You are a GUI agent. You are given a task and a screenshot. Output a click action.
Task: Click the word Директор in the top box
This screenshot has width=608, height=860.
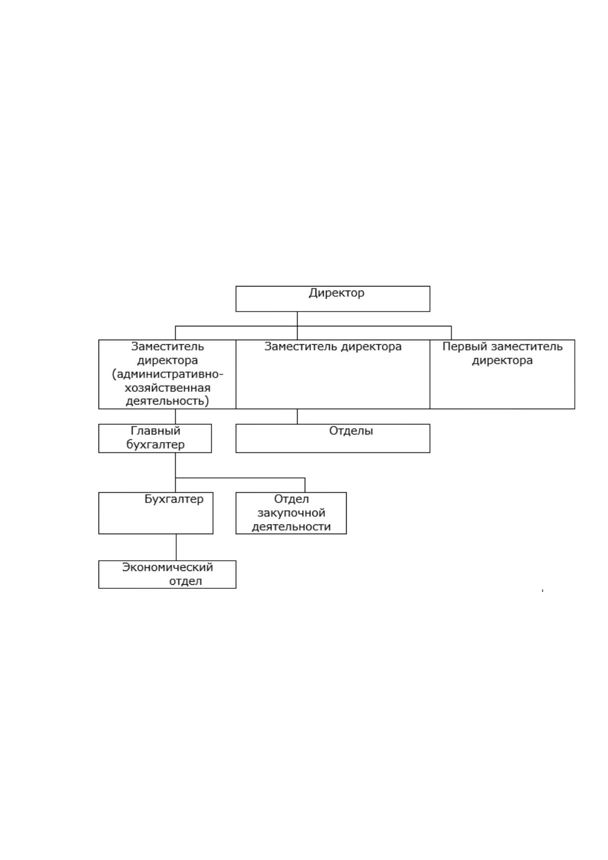336,293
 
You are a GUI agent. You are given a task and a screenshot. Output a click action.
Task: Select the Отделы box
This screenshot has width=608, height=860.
332,438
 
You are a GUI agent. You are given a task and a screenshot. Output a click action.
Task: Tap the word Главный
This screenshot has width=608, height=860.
155,431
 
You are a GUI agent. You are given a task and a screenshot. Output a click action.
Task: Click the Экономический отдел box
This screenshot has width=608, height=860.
167,575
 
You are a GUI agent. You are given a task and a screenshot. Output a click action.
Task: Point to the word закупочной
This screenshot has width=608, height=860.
291,513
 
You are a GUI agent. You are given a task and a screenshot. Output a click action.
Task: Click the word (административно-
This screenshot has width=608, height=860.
167,374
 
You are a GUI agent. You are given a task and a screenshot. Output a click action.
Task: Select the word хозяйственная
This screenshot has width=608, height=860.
167,388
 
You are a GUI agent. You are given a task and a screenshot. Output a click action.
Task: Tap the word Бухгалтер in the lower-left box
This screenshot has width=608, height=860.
174,499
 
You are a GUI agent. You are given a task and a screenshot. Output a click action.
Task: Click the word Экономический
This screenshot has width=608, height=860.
167,567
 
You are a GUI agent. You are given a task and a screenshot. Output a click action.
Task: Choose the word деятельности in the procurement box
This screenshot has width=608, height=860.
291,527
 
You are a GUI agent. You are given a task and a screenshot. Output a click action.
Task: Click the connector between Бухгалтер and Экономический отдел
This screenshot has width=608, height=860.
176,547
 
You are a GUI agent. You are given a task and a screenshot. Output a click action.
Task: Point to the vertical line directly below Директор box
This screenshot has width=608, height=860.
297,319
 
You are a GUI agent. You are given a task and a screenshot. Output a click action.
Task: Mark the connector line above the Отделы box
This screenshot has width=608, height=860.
297,416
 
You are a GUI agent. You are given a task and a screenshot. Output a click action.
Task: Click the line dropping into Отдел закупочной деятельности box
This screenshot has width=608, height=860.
305,485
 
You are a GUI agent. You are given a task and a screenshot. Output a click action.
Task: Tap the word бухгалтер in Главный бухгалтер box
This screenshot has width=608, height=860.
155,445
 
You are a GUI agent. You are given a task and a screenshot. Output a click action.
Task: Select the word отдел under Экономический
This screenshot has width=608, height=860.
185,581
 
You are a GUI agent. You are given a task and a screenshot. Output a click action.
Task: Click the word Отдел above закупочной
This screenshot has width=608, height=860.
291,499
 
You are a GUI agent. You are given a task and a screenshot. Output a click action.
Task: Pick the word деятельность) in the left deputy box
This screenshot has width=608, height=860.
167,401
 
